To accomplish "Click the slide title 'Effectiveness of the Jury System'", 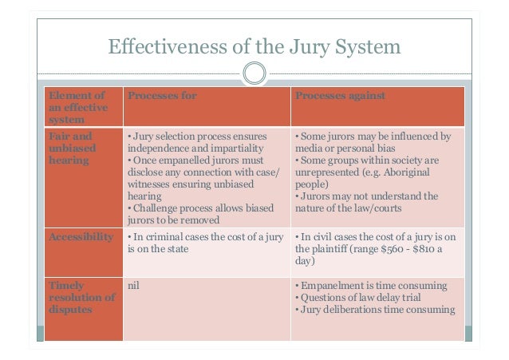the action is click(x=254, y=47).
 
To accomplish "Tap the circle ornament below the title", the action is click(x=254, y=76).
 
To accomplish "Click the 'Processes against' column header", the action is click(x=341, y=97).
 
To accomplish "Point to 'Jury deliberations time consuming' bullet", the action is click(x=374, y=310).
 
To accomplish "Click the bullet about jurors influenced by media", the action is click(x=372, y=142).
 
